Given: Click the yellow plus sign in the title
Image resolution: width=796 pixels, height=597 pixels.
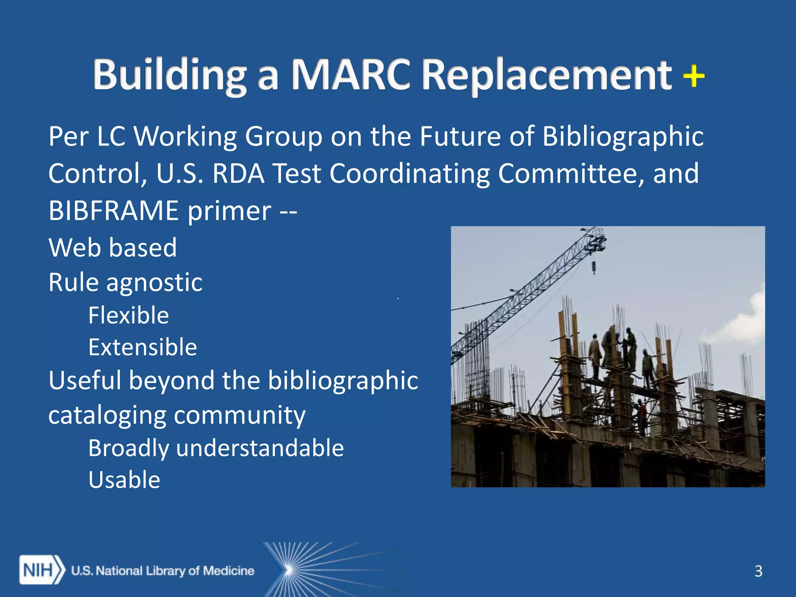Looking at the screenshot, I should click(694, 76).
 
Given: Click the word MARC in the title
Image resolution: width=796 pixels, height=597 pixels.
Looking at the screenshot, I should click(351, 75).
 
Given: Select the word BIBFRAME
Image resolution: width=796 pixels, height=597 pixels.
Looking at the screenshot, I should click(114, 211).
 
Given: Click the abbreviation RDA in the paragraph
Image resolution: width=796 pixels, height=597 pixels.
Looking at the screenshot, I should click(239, 173).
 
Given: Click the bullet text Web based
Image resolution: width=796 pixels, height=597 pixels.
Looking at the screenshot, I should click(113, 248).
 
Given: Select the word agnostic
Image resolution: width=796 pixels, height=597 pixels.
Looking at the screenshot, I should click(154, 283).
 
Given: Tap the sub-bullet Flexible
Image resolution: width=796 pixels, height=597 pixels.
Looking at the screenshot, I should click(129, 315).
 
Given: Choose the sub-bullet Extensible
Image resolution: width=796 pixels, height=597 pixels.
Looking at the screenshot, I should click(143, 347).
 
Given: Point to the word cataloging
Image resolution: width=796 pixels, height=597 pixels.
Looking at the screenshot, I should click(107, 415).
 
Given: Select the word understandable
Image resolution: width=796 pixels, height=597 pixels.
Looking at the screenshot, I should click(260, 448).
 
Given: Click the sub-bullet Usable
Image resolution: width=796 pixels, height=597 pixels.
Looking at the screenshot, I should click(124, 480).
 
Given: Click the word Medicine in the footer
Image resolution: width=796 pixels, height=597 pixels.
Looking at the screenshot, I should click(229, 571).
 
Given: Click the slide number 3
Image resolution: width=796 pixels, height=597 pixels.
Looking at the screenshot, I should click(758, 571).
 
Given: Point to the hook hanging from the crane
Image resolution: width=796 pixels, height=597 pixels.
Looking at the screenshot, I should click(594, 268).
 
